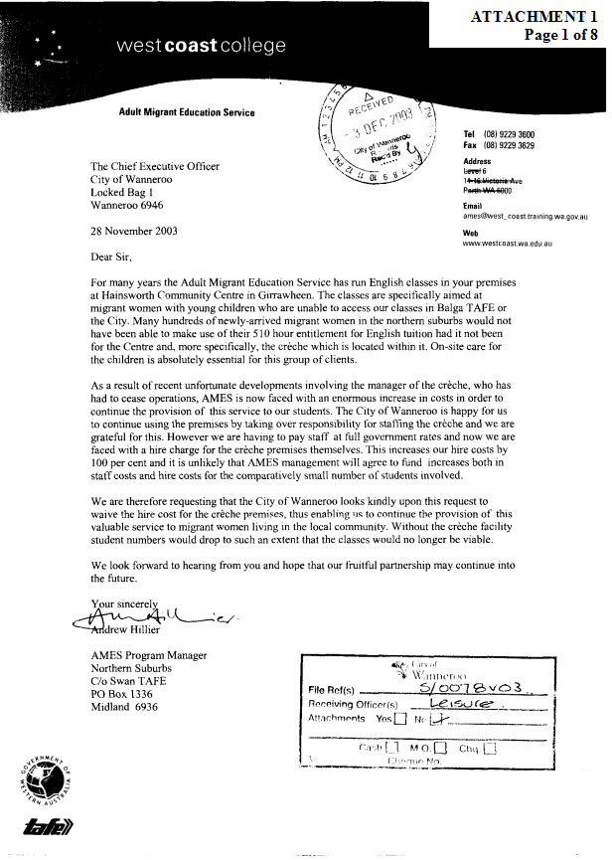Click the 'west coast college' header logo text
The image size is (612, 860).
point(201,46)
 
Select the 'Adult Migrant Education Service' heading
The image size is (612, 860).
point(186,112)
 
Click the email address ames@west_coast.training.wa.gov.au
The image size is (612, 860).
point(528,215)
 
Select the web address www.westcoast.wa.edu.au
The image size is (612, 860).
point(508,242)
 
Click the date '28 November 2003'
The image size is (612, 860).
point(130,233)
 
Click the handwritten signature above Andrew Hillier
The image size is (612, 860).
point(139,618)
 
